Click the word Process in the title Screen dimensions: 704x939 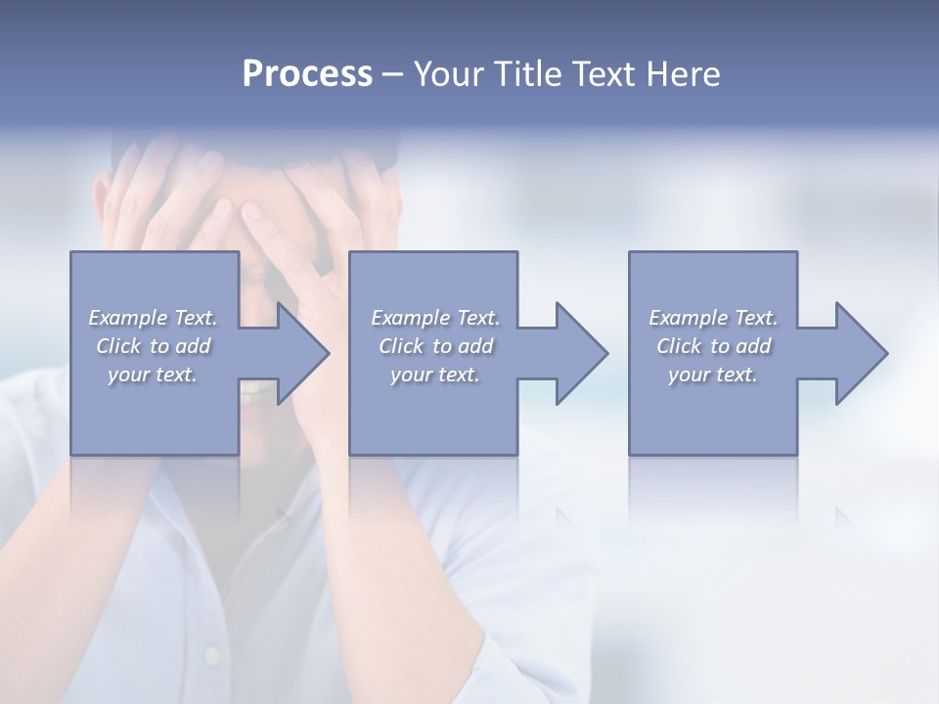[307, 74]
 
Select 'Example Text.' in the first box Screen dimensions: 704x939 [153, 318]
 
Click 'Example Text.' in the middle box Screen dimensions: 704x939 [435, 318]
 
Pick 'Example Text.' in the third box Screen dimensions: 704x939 [713, 318]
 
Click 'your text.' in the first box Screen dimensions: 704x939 [153, 374]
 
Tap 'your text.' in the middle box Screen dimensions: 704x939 [435, 374]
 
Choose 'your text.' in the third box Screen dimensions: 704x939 [713, 374]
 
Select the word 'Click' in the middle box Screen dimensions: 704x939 [400, 346]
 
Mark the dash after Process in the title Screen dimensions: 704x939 [392, 75]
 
